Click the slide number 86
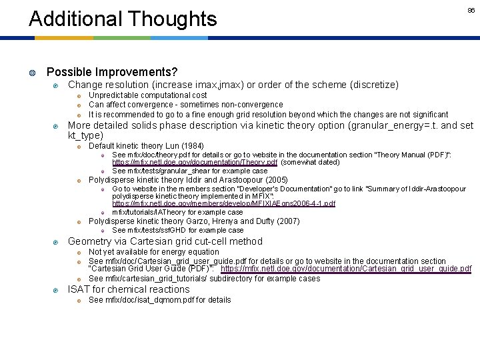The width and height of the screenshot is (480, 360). tap(471, 11)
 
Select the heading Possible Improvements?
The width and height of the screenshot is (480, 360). tap(112, 72)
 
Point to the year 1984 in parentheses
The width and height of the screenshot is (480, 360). tap(192, 146)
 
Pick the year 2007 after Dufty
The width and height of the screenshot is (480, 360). tap(287, 221)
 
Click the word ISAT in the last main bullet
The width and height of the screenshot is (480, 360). tap(79, 289)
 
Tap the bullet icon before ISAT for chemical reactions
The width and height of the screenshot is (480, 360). tap(56, 290)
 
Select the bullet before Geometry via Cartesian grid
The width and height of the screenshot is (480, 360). tap(56, 242)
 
